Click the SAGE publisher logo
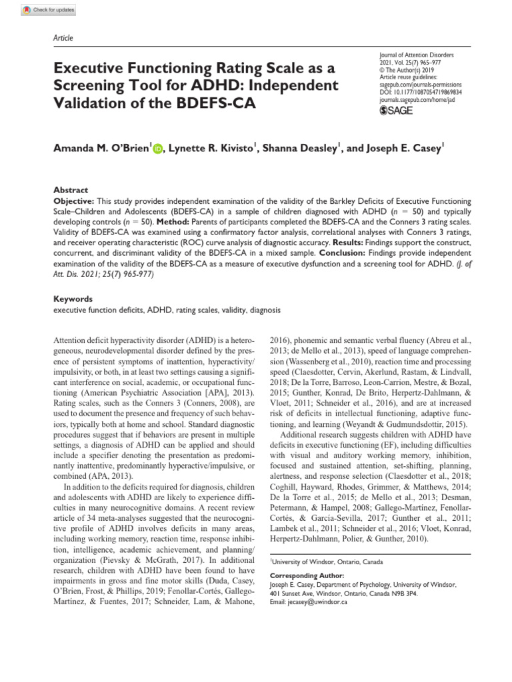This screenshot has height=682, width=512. click(x=396, y=111)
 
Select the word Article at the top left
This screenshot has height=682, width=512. click(x=62, y=38)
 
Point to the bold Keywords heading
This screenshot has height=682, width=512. click(x=71, y=300)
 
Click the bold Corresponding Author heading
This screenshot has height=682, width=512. click(x=307, y=575)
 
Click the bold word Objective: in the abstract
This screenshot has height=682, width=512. click(x=74, y=201)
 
